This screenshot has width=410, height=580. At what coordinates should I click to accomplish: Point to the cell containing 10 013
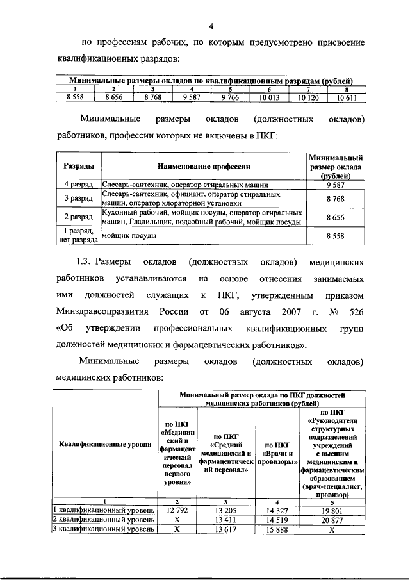click(x=270, y=97)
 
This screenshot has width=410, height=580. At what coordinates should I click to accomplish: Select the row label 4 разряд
click(x=79, y=184)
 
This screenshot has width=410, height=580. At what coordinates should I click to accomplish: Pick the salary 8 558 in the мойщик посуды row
click(x=336, y=236)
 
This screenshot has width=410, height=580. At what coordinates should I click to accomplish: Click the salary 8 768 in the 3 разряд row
click(x=336, y=199)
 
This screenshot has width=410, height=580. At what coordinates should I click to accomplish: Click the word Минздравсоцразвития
click(x=98, y=312)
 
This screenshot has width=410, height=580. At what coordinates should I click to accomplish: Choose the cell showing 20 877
click(x=332, y=520)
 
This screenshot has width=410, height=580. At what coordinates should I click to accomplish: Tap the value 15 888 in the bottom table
click(x=274, y=529)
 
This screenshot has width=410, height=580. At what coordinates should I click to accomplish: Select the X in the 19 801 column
click(x=332, y=529)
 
